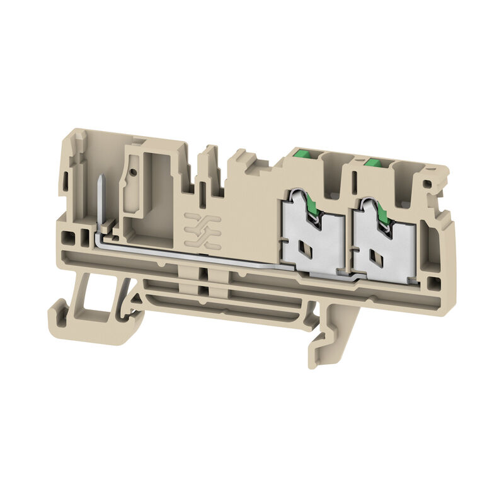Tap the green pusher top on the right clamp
pos(374,163)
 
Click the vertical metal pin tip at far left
pos(101,183)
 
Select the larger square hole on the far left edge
pos(69,238)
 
